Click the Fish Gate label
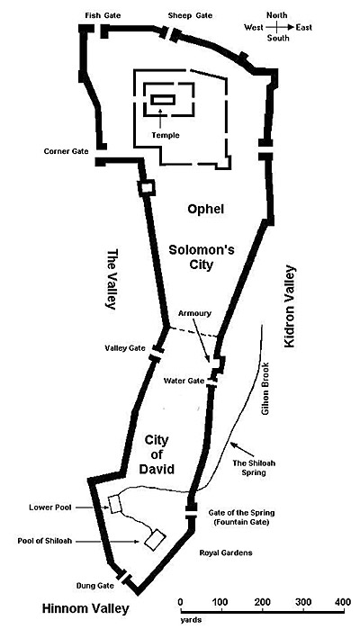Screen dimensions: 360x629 pyautogui.click(x=103, y=15)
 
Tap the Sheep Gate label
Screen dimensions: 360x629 pyautogui.click(x=190, y=15)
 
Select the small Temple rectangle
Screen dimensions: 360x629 pyautogui.click(x=163, y=100)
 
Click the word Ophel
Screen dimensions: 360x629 pyautogui.click(x=205, y=209)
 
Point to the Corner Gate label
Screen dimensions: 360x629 pyautogui.click(x=67, y=152)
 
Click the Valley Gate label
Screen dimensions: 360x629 pyautogui.click(x=125, y=348)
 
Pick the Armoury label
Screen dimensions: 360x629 pyautogui.click(x=194, y=313)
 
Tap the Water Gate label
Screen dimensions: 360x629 pyautogui.click(x=184, y=381)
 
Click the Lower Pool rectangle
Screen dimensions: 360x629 pyautogui.click(x=115, y=504)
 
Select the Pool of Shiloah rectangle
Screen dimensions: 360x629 pyautogui.click(x=155, y=540)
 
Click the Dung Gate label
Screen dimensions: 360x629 pyautogui.click(x=95, y=586)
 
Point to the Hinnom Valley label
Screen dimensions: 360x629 pyautogui.click(x=85, y=608)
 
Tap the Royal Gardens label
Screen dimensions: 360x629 pyautogui.click(x=226, y=553)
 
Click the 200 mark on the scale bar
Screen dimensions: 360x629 pyautogui.click(x=262, y=602)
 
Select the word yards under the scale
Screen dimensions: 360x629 pyautogui.click(x=191, y=620)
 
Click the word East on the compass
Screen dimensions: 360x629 pyautogui.click(x=304, y=27)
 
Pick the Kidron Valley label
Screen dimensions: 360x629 pyautogui.click(x=290, y=307)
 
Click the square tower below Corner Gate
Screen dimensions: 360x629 pyautogui.click(x=146, y=188)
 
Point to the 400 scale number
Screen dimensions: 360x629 pyautogui.click(x=343, y=602)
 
